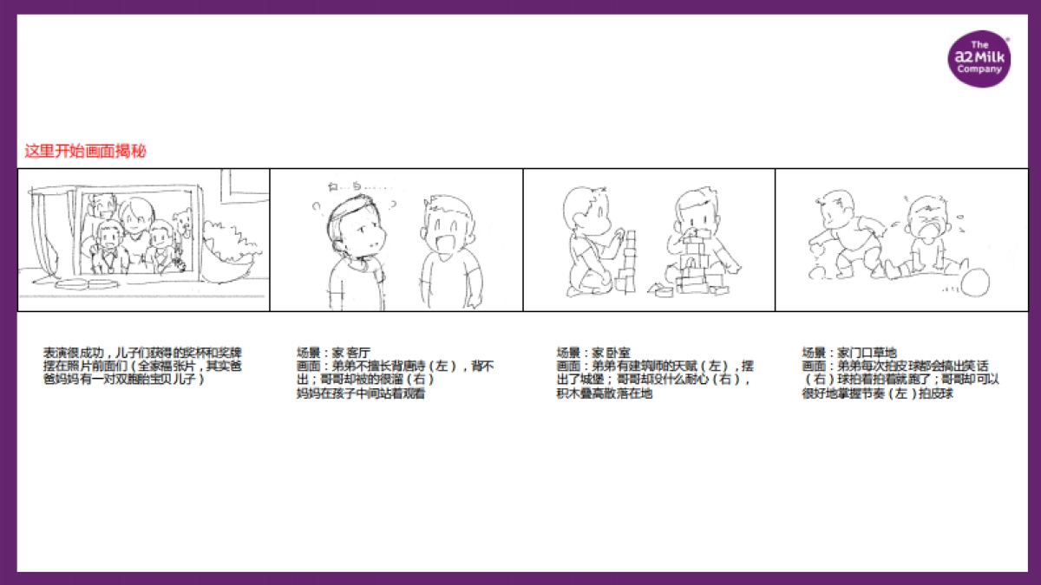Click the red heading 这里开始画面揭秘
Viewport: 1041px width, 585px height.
(x=85, y=152)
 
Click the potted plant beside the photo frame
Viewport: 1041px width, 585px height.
(x=228, y=247)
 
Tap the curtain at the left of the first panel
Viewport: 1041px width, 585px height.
(x=40, y=234)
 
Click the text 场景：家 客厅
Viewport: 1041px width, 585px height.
(x=333, y=353)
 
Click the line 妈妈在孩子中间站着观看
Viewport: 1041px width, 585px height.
(x=361, y=394)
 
